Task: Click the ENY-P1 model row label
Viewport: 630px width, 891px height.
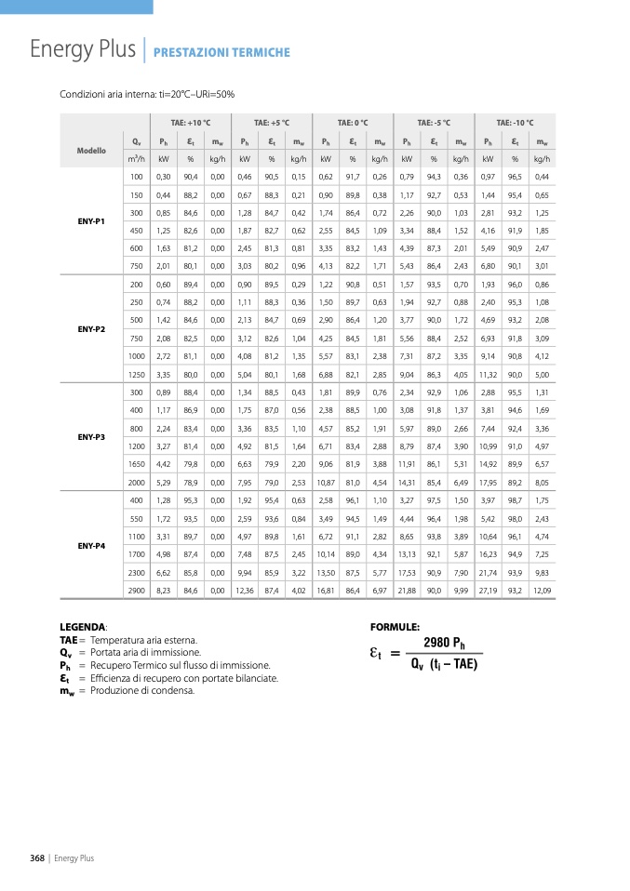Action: tap(92, 220)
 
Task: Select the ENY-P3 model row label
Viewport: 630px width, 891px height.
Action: tap(92, 435)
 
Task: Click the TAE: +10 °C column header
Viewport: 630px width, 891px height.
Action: tap(191, 123)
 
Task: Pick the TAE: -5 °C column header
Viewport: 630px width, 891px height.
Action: tap(434, 123)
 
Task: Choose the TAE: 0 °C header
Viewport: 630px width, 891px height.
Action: tap(353, 123)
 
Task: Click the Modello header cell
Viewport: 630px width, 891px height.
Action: tap(92, 150)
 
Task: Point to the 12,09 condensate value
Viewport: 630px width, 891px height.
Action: tap(542, 590)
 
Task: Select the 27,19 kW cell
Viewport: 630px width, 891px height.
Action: tap(488, 590)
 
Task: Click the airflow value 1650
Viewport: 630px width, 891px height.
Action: tap(137, 463)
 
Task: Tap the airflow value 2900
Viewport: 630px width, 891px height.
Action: tap(137, 590)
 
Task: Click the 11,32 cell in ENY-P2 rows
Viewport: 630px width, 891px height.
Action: tap(488, 374)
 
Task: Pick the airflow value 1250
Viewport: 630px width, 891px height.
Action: tap(137, 374)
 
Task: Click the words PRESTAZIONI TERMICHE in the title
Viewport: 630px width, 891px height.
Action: tap(221, 53)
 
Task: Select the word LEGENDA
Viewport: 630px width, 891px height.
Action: tap(82, 628)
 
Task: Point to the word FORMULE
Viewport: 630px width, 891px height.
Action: tap(395, 628)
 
